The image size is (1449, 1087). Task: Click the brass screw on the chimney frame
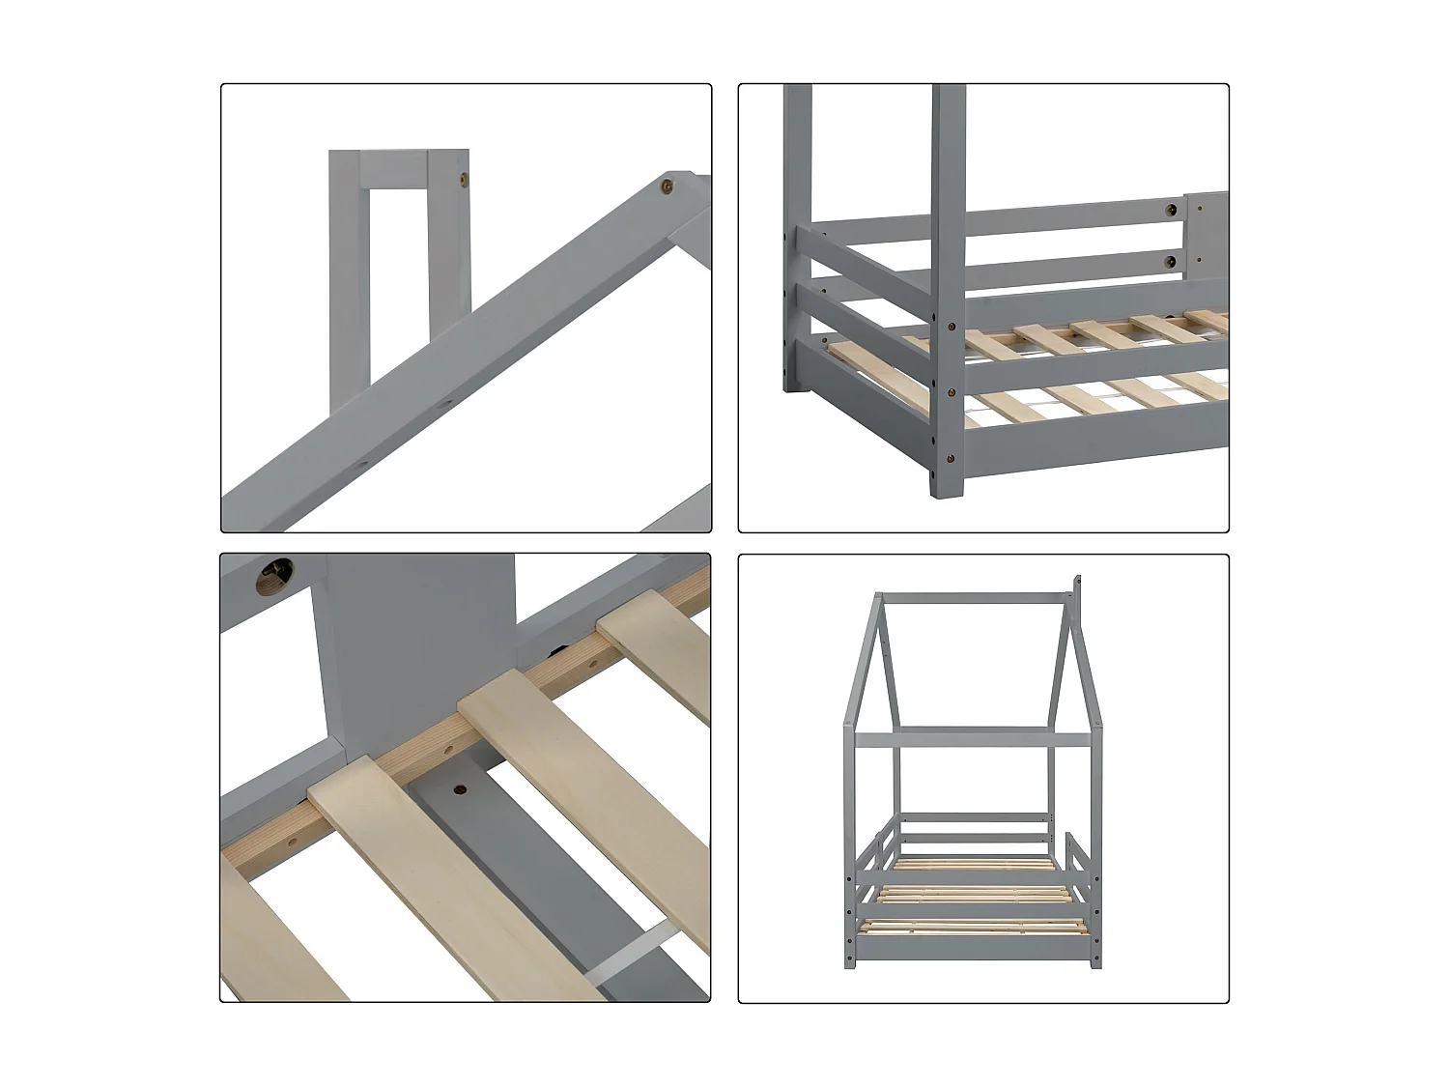coord(462,179)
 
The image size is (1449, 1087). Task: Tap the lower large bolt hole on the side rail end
coord(1172,259)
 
